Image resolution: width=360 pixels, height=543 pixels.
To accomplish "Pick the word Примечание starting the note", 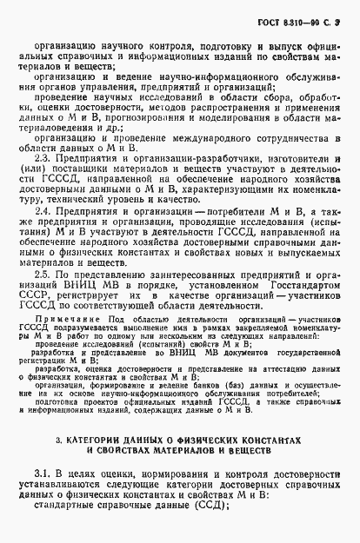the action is (61, 319).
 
